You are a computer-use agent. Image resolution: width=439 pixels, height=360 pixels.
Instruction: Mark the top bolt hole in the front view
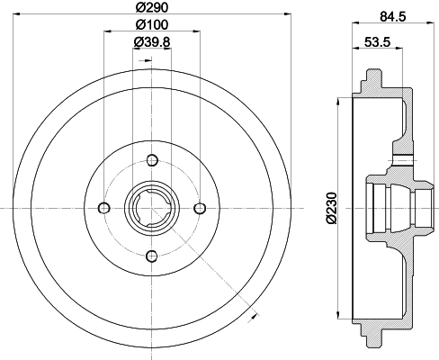(151, 162)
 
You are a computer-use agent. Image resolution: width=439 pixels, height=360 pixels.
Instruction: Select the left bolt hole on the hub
(104, 209)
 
